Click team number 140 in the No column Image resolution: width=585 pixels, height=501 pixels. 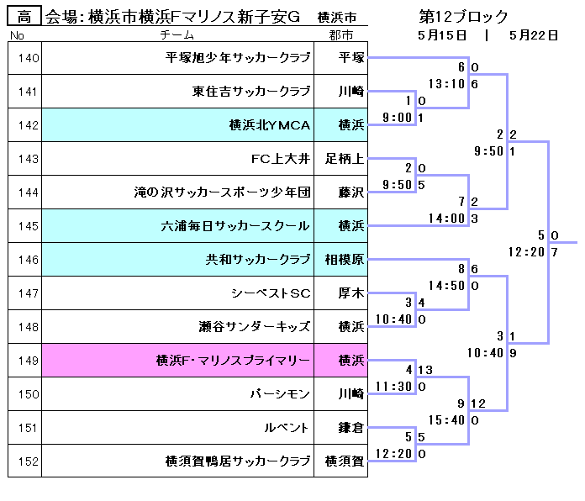click(28, 58)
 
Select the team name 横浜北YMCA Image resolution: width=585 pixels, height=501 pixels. click(270, 125)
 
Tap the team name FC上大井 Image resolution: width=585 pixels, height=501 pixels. click(281, 159)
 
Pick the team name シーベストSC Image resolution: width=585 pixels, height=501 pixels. click(271, 293)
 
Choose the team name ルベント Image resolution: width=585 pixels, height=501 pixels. click(291, 428)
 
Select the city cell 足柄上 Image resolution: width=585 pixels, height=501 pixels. click(345, 159)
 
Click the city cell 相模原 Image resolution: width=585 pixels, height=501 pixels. click(345, 260)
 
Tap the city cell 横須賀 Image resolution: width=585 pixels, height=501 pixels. click(345, 461)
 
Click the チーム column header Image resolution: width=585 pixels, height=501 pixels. click(177, 35)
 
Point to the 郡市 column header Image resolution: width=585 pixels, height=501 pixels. click(341, 35)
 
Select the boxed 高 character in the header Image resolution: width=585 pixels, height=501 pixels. click(24, 17)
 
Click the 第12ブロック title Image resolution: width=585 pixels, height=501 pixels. click(463, 17)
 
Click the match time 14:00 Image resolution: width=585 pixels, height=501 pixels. click(446, 219)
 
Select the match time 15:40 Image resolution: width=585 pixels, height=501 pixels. click(446, 420)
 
